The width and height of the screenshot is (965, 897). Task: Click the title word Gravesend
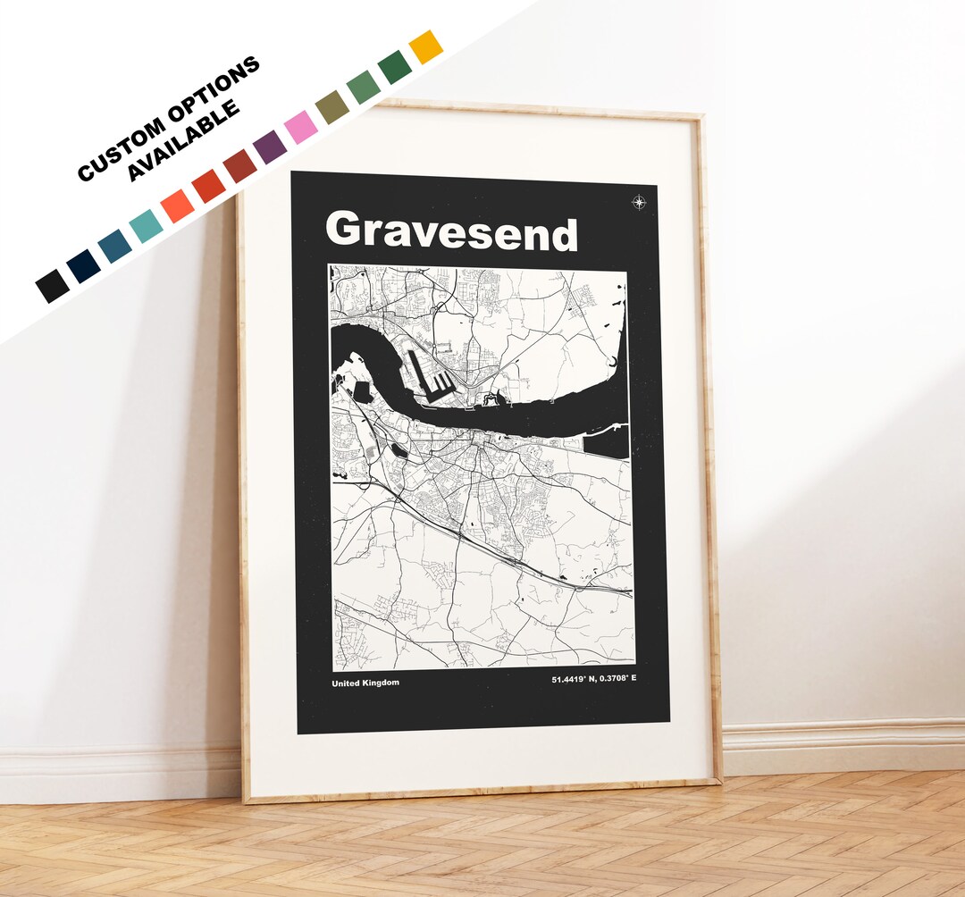tap(451, 231)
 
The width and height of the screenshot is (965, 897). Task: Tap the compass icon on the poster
tap(639, 202)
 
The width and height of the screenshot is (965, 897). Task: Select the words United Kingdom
tap(365, 683)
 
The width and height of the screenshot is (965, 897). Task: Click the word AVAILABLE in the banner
tap(183, 139)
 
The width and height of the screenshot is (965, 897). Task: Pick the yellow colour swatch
tap(425, 46)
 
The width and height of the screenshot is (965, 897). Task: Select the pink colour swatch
tap(301, 127)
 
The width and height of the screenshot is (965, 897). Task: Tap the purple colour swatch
tap(271, 147)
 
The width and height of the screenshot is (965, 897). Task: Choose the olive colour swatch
tap(331, 106)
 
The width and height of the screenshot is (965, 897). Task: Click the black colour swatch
tap(52, 286)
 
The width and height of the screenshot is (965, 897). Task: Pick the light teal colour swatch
tap(146, 226)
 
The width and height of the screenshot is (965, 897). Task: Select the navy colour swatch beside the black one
tap(84, 266)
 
